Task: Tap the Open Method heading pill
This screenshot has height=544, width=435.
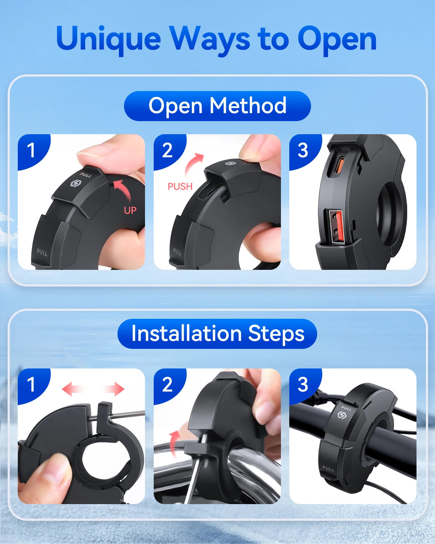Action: click(x=217, y=106)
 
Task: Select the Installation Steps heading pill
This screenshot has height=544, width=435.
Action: click(x=217, y=334)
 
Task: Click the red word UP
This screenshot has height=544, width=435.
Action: click(x=130, y=210)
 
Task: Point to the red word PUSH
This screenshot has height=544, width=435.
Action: click(x=180, y=186)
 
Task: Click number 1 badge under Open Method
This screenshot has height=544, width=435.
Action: click(x=31, y=150)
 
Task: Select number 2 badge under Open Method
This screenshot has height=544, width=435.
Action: click(x=167, y=150)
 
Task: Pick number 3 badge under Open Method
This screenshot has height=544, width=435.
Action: click(x=303, y=150)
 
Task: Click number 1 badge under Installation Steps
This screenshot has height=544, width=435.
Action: click(x=31, y=384)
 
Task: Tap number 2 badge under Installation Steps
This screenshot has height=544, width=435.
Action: click(x=167, y=384)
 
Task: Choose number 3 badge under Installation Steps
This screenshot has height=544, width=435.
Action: click(x=303, y=384)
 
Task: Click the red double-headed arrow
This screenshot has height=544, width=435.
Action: click(x=93, y=389)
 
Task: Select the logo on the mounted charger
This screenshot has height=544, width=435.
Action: click(x=342, y=415)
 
